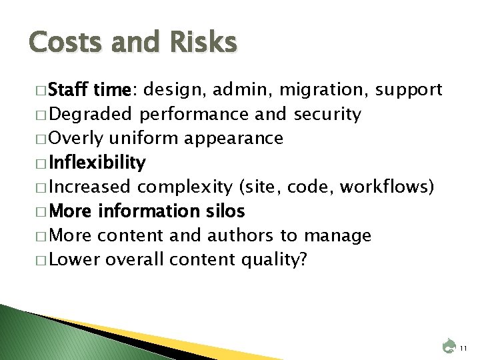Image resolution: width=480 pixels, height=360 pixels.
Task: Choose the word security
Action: pos(327,115)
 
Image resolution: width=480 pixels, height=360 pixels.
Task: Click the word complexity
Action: pos(194,187)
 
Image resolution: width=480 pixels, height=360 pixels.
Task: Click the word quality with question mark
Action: pos(275,259)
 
